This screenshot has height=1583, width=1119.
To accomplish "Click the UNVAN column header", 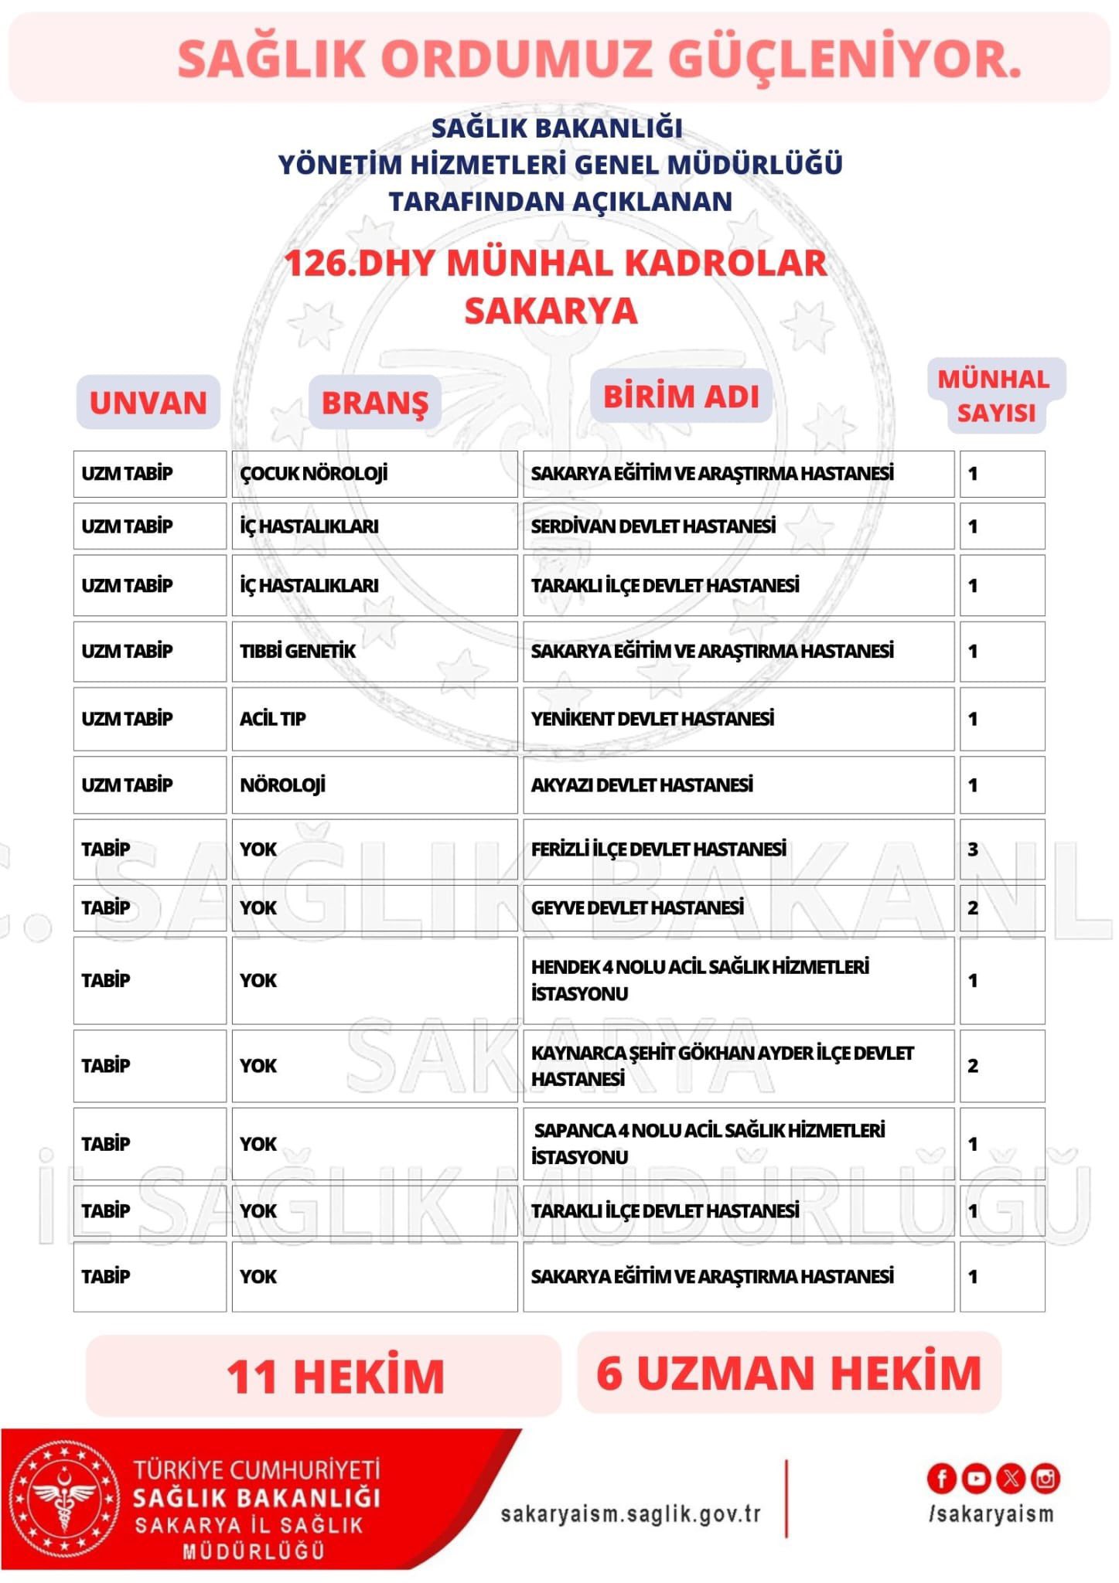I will (x=148, y=403).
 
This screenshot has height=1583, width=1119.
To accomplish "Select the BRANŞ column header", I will (x=375, y=403).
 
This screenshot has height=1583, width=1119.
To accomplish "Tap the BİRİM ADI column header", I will (x=681, y=397).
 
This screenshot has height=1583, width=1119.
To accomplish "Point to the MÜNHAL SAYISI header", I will (x=995, y=396).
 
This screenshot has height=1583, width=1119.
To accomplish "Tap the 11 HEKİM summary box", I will (x=322, y=1375).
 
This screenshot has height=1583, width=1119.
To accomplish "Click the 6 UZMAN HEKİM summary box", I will (x=789, y=1373).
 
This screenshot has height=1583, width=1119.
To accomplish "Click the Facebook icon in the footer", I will (x=941, y=1479).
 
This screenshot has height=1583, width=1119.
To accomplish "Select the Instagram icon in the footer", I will (x=1046, y=1479).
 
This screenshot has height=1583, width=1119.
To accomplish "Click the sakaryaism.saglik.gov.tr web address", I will (x=631, y=1513).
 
